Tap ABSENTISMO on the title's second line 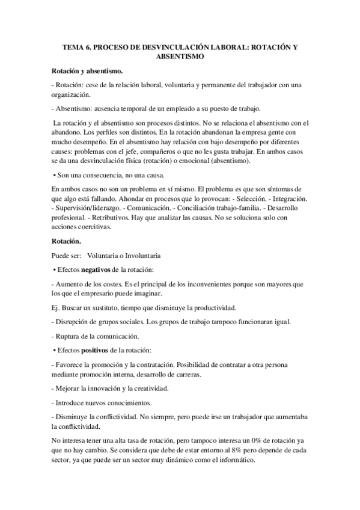180,57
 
